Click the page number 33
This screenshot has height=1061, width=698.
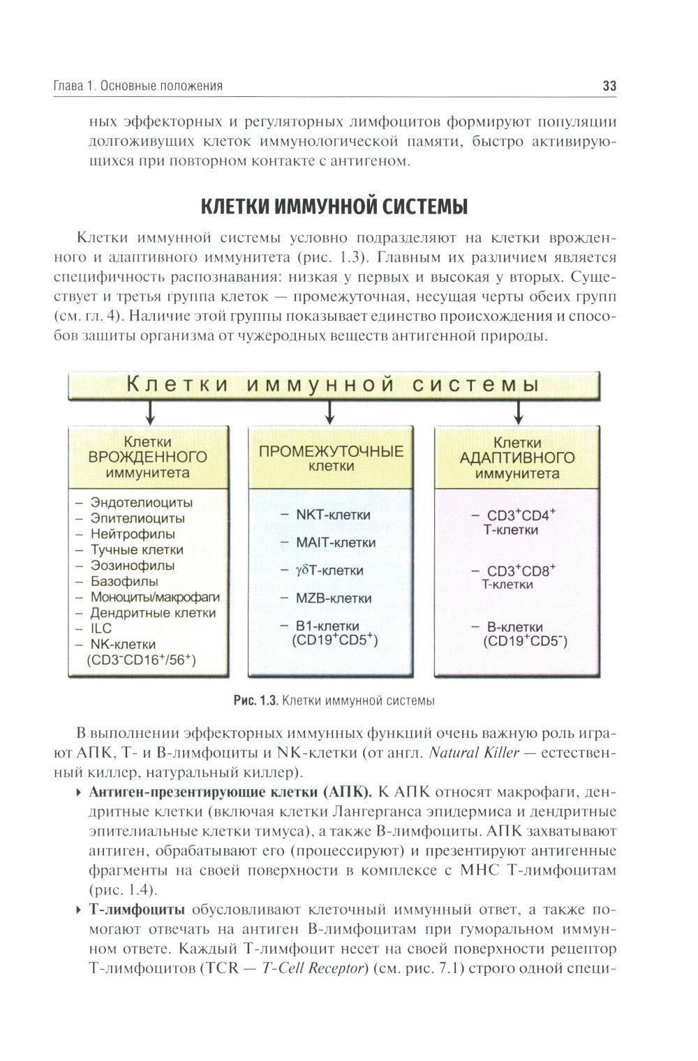point(609,86)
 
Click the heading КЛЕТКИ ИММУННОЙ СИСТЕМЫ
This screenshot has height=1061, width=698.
point(334,206)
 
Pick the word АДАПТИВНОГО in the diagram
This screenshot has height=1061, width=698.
point(517,458)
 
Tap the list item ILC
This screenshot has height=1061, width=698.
point(101,629)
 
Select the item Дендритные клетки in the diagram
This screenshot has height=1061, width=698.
point(153,613)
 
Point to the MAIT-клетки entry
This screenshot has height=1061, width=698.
point(336,542)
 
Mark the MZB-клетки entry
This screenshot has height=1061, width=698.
point(334,598)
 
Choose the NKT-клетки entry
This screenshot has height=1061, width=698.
point(333,515)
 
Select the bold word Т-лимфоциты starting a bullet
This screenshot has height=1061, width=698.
point(137,910)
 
